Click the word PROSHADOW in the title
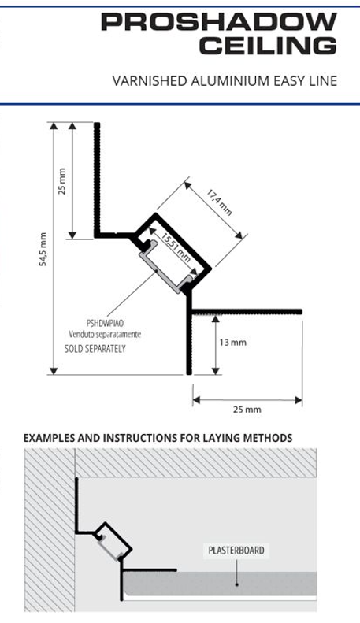coord(219,22)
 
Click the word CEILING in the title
coord(268,46)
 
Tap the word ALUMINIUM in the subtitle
coord(230,81)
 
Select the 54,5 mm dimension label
coord(43,249)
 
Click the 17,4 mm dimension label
coord(219,202)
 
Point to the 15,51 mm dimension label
coord(175,247)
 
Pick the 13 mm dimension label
coord(233,342)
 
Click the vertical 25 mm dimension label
coord(62,181)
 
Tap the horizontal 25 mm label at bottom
coord(247,410)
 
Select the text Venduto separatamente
coord(105,334)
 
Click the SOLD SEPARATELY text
coord(95,349)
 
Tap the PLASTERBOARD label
coord(236,551)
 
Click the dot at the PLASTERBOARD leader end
coord(236,584)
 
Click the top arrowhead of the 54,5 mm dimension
coord(54,125)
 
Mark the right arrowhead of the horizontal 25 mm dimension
coord(299,400)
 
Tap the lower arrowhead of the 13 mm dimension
coord(215,371)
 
